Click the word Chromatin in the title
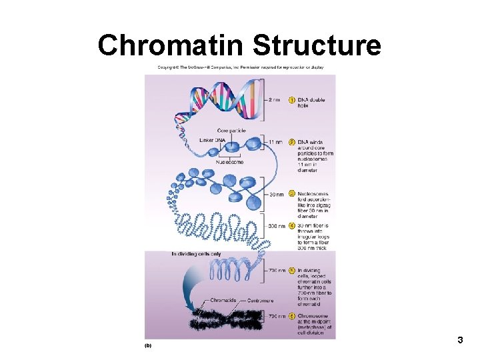[x=171, y=45]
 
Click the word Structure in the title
[x=317, y=45]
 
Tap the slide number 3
[x=460, y=341]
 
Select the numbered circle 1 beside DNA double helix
[x=292, y=100]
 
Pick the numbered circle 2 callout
[x=292, y=142]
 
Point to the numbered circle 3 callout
[x=292, y=194]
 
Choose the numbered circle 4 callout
[x=292, y=226]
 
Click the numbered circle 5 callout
[x=292, y=271]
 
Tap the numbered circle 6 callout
[x=292, y=315]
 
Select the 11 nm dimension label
[x=275, y=142]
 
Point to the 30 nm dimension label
[x=275, y=194]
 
